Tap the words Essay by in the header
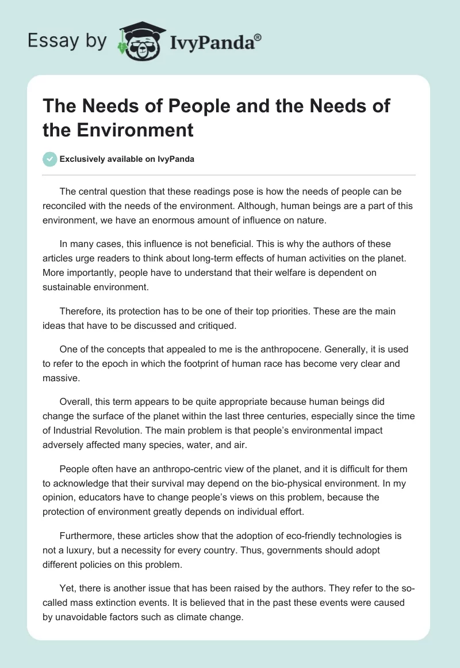point(67,41)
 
